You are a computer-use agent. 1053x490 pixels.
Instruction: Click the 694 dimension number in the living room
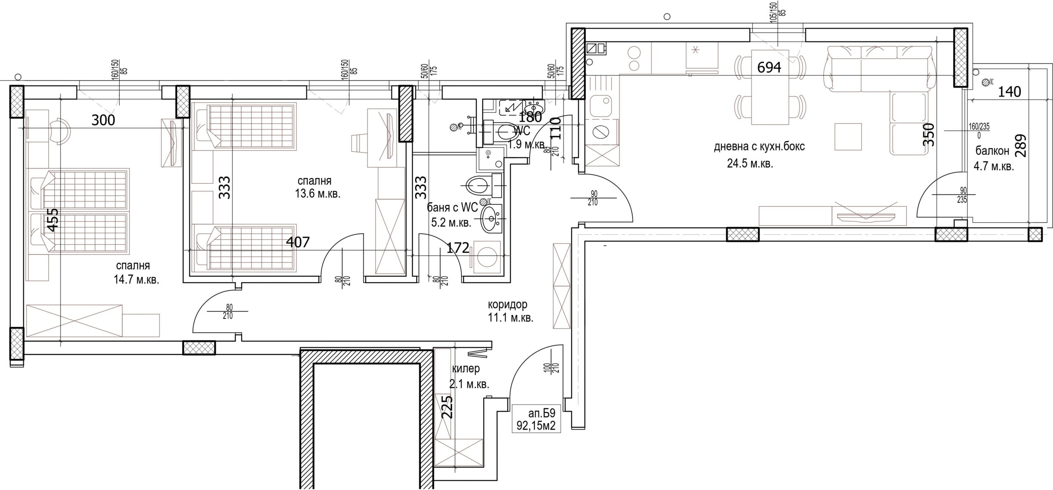click(x=769, y=67)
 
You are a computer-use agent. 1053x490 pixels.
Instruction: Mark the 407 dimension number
click(x=297, y=242)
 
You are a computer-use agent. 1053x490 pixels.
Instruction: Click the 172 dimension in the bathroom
click(x=457, y=248)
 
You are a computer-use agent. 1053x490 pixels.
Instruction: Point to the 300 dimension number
click(x=103, y=120)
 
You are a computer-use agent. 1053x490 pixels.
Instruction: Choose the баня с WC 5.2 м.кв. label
click(x=452, y=215)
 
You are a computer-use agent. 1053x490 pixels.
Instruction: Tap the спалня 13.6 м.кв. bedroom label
click(x=317, y=187)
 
